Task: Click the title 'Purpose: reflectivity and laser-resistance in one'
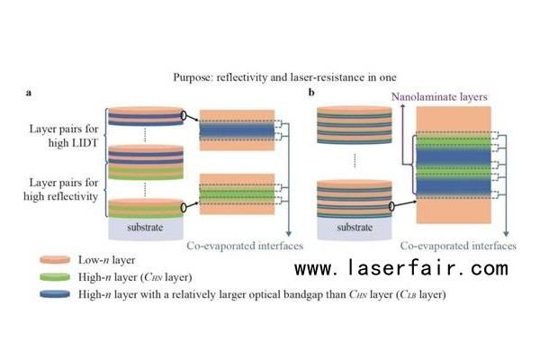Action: pos(269,77)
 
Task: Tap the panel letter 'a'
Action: pos(29,93)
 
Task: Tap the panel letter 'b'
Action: pos(311,93)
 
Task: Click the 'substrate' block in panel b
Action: pos(353,228)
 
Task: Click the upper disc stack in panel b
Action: pos(353,126)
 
